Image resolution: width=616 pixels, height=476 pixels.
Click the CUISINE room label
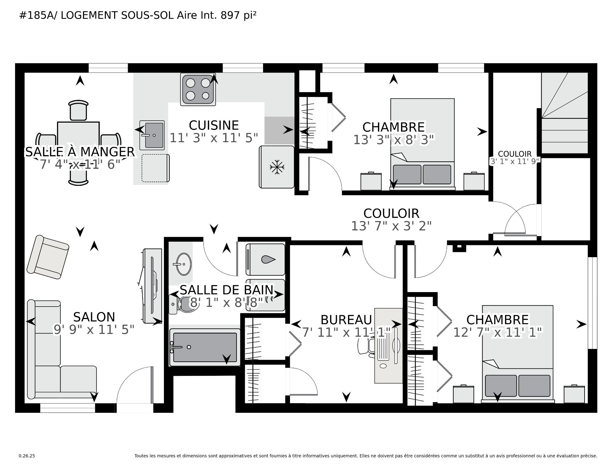214,125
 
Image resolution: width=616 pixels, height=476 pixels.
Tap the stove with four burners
198,89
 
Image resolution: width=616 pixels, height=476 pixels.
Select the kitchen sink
152,135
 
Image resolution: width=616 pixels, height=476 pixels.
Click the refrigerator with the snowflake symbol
277,167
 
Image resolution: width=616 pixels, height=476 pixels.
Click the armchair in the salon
48,257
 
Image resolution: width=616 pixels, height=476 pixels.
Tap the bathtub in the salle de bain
205,347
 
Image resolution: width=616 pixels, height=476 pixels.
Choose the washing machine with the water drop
265,259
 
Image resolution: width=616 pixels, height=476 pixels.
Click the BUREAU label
346,320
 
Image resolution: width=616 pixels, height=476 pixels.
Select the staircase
564,113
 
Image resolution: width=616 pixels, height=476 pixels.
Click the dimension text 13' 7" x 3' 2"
391,226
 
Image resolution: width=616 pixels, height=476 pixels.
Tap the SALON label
94,317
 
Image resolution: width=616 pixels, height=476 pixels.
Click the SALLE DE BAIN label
227,290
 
